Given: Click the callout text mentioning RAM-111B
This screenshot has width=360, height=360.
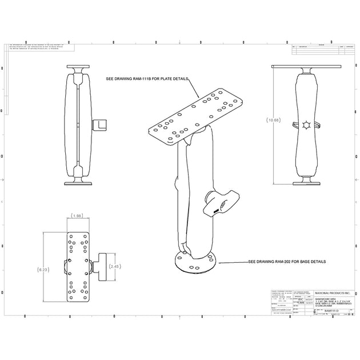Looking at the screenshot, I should coord(147,78).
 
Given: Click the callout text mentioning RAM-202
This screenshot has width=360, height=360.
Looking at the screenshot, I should coord(287,261).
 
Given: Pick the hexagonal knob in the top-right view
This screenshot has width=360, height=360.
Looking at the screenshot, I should coord(307,125).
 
